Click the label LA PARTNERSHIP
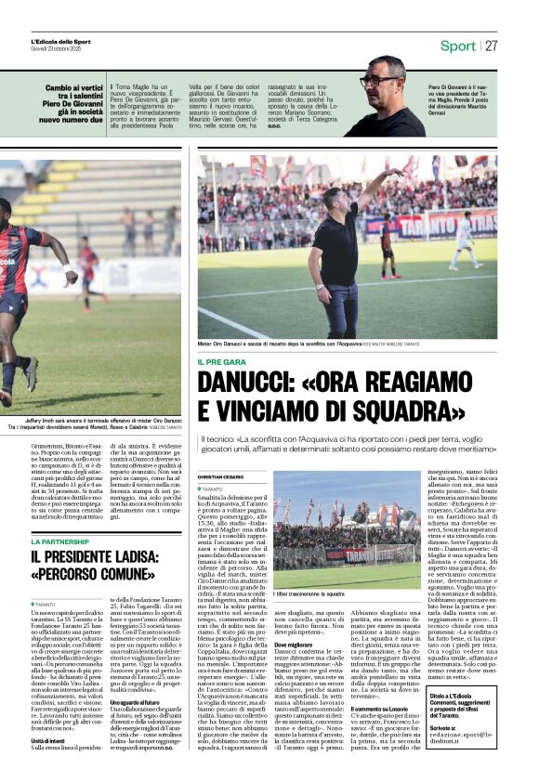[60, 541]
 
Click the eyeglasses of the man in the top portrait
[379, 81]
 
